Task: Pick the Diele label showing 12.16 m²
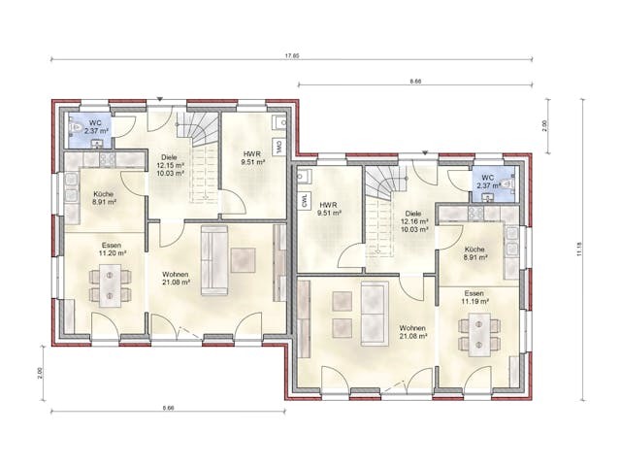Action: point(414,220)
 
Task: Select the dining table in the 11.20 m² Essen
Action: point(111,283)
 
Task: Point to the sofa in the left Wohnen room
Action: point(212,258)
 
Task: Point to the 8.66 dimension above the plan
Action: point(415,82)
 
